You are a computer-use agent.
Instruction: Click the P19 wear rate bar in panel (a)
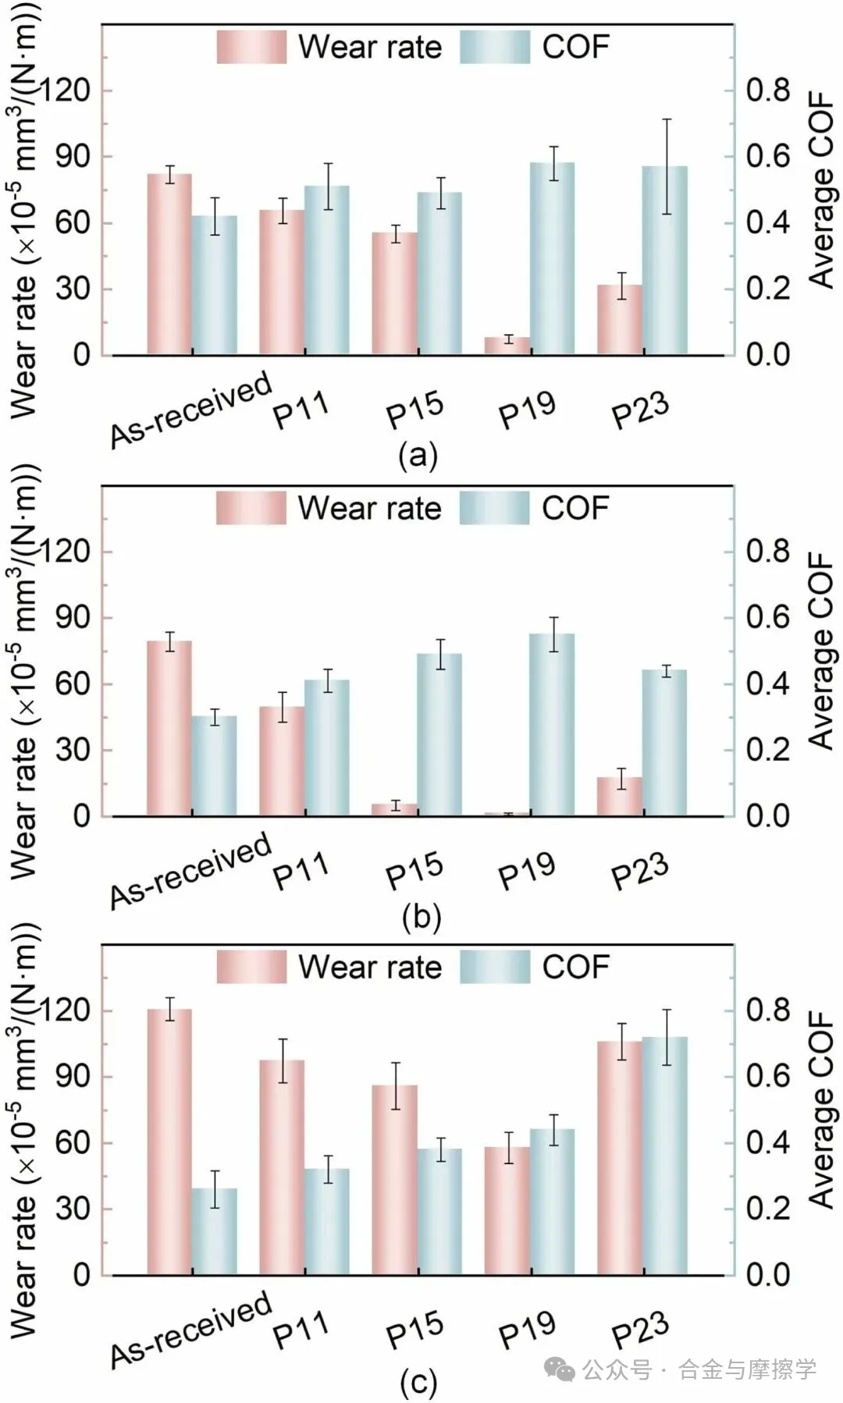[x=507, y=346]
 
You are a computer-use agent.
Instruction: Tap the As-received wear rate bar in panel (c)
[x=169, y=1142]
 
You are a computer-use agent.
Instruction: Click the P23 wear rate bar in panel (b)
[x=620, y=797]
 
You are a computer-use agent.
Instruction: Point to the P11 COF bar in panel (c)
[x=327, y=1222]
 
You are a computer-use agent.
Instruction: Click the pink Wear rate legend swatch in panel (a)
[x=251, y=47]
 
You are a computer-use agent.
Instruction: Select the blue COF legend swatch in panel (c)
[x=495, y=967]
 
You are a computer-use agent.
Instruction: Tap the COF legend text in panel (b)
[x=575, y=508]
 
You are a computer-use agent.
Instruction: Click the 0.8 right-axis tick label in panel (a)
[x=768, y=90]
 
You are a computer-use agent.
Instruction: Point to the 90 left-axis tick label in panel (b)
[x=72, y=617]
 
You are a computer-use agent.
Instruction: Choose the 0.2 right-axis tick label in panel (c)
[x=768, y=1209]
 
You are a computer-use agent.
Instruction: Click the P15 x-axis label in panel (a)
[x=415, y=410]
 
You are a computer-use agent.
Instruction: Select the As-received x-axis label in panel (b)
[x=190, y=871]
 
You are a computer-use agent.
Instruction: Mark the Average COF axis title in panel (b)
[x=821, y=652]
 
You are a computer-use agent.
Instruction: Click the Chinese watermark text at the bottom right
[x=699, y=1369]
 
